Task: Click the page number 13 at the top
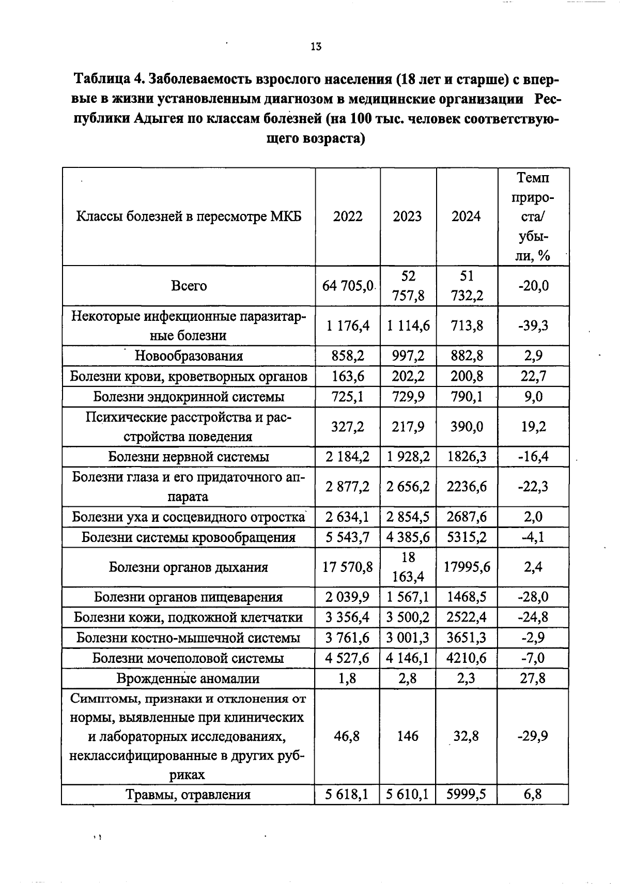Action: pos(316,46)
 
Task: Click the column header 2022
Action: pos(348,216)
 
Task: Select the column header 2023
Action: pos(407,216)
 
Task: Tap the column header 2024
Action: pos(466,216)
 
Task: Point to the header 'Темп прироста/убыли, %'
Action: pos(533,216)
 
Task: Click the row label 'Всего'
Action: pos(189,286)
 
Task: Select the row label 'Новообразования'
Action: pos(189,356)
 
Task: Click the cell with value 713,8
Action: pos(467,325)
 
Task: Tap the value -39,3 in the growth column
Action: pos(533,325)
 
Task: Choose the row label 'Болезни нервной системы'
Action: pos(189,457)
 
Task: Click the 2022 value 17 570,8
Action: pos(348,567)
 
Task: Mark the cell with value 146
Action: pos(408,736)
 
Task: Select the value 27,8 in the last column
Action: pos(533,678)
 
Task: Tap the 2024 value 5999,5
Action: pos(467,795)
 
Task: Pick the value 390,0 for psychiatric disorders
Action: pos(467,427)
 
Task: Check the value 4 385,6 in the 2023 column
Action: pos(408,537)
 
